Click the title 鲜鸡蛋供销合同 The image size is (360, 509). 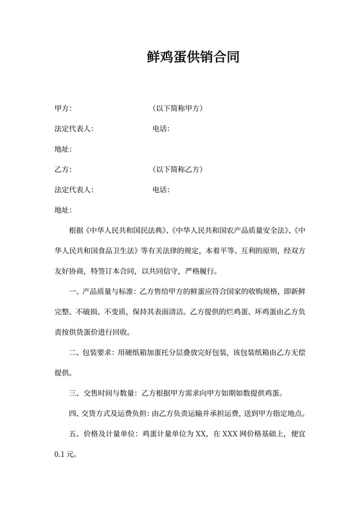193,58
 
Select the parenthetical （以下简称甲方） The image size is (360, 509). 178,109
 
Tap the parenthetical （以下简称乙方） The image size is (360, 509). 178,170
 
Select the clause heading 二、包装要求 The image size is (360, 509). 89,352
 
